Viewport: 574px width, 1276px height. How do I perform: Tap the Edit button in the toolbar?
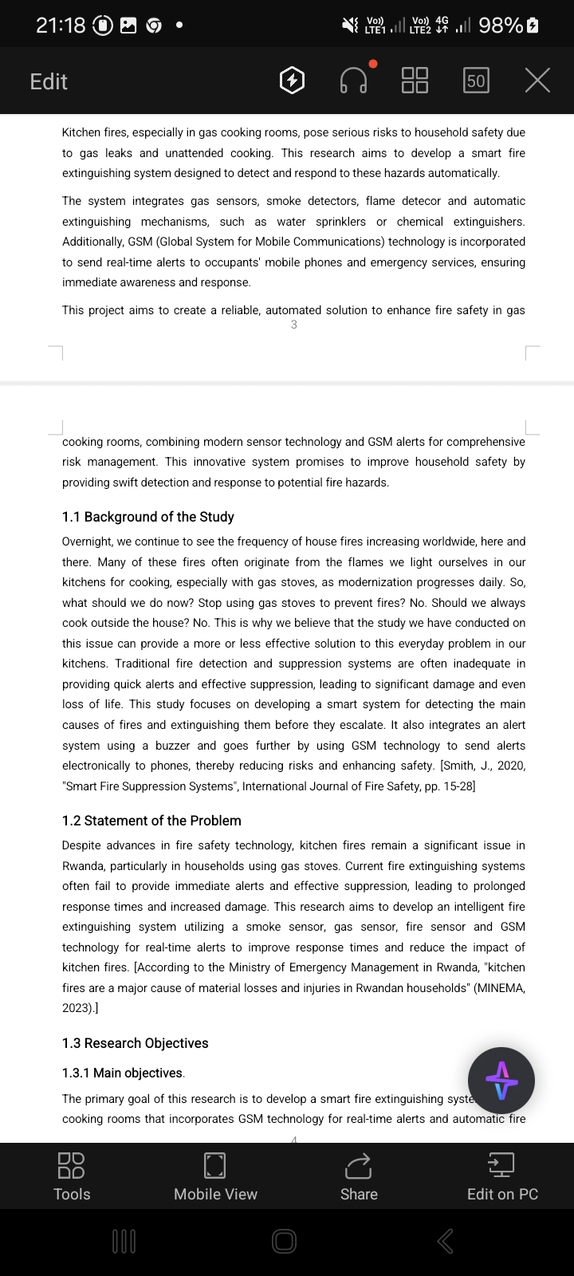click(x=49, y=81)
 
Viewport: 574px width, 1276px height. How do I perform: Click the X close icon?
click(x=537, y=81)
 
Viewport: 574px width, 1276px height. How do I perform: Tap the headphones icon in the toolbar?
click(x=353, y=81)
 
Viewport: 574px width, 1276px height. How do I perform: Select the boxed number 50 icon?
click(x=476, y=81)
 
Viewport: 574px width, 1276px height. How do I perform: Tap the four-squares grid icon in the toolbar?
click(x=415, y=81)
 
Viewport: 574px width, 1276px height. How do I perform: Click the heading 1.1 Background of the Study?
click(x=148, y=517)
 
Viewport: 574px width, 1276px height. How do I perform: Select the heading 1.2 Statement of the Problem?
click(x=151, y=821)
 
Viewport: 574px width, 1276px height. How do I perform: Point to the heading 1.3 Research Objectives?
click(x=135, y=1043)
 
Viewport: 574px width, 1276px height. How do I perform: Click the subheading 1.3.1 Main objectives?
click(x=124, y=1073)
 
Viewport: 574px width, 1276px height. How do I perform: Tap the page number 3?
click(x=294, y=325)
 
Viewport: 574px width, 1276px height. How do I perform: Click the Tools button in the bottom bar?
click(x=72, y=1176)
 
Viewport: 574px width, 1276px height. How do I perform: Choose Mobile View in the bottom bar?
click(x=215, y=1176)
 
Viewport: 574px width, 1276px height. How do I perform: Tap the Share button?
click(x=359, y=1176)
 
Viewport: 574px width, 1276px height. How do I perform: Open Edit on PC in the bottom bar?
click(x=502, y=1176)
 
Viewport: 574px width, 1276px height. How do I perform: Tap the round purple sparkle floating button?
click(x=501, y=1081)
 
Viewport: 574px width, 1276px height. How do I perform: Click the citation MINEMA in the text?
click(x=499, y=988)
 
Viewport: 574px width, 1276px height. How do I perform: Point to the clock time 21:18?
click(x=61, y=26)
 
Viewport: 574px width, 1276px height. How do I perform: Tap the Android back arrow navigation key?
click(x=446, y=1241)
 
